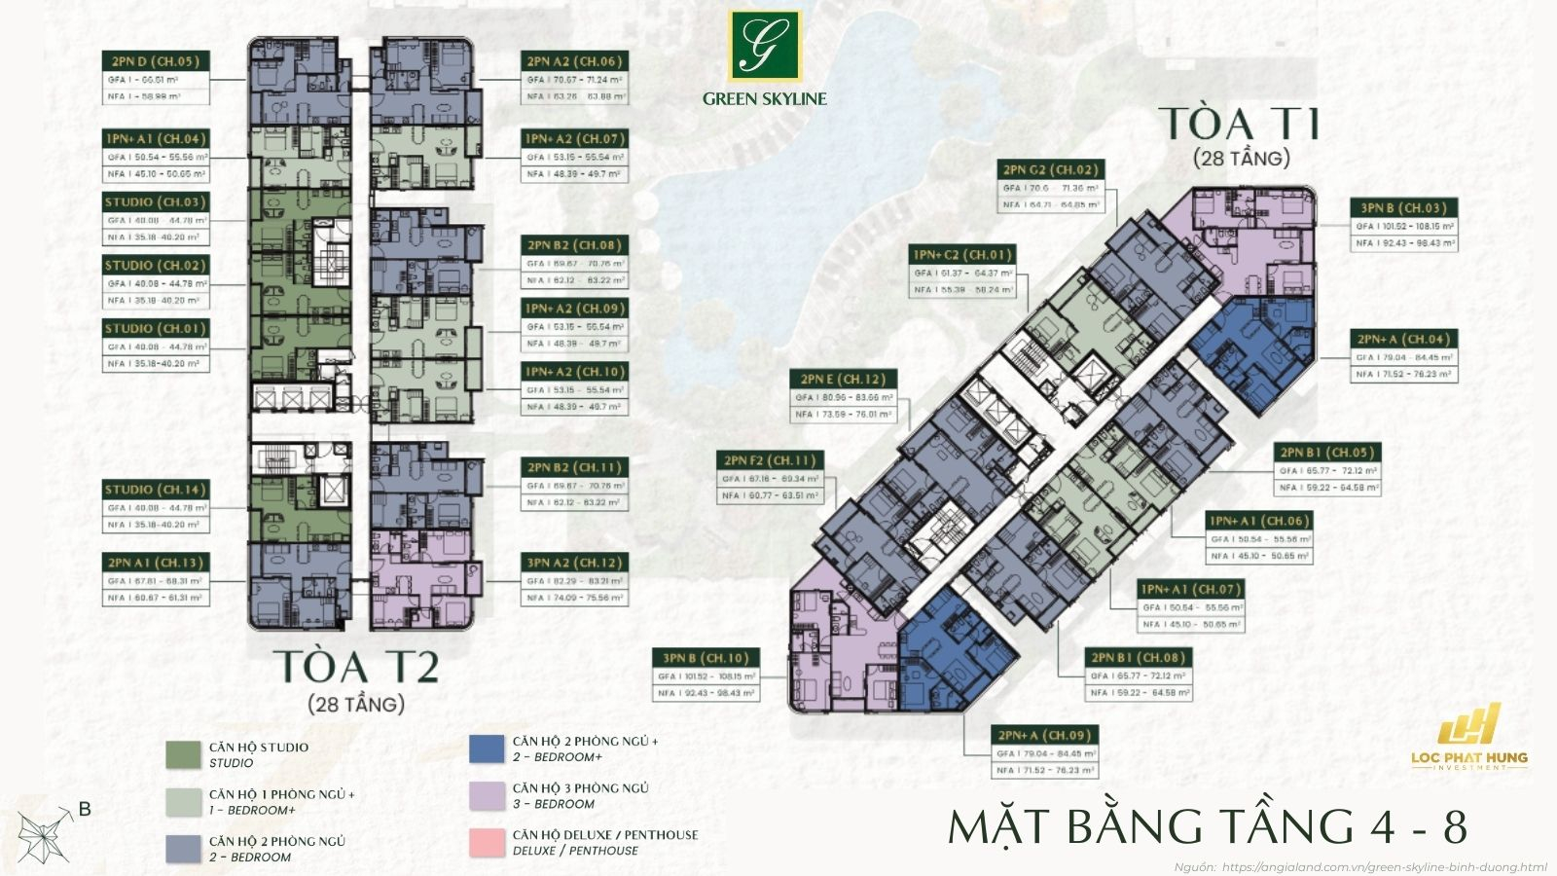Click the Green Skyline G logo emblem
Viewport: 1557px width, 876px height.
[x=765, y=46]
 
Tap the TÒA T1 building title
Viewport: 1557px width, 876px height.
[x=1239, y=125]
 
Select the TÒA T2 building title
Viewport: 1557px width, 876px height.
[x=356, y=667]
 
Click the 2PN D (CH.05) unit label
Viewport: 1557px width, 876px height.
[x=155, y=61]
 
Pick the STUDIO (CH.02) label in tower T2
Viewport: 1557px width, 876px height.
[x=155, y=265]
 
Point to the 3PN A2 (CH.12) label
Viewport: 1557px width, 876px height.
[x=574, y=563]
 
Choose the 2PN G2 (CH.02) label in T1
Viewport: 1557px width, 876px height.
[x=1050, y=169]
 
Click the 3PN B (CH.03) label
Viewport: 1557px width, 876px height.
[x=1403, y=207]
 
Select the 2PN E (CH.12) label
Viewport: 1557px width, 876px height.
[x=844, y=379]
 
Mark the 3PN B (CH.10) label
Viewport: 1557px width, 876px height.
[x=706, y=658]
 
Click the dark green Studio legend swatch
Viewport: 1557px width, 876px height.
[x=183, y=754]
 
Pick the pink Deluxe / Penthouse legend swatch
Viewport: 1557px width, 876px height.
[x=487, y=843]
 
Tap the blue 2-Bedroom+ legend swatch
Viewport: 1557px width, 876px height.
[x=487, y=748]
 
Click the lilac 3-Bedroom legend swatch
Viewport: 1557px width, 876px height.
[x=487, y=795]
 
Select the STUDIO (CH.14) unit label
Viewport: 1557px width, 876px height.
[x=155, y=490]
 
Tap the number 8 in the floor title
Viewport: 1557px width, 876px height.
[x=1454, y=826]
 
